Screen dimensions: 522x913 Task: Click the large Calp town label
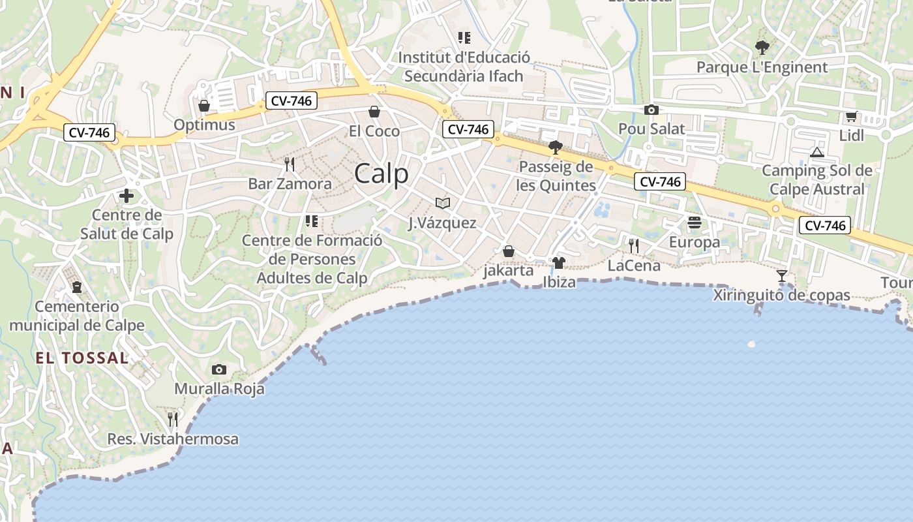[382, 174]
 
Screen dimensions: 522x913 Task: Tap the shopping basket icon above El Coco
[374, 112]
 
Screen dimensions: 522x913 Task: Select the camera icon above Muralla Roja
[219, 370]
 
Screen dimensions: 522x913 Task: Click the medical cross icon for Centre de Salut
[127, 195]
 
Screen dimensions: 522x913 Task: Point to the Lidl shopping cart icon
[851, 117]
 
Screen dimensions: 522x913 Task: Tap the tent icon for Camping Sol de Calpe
[816, 153]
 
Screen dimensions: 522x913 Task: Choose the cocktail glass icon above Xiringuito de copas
[782, 275]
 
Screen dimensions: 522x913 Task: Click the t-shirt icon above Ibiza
[559, 263]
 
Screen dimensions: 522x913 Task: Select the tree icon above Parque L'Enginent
[762, 48]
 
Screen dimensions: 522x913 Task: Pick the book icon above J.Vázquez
[443, 204]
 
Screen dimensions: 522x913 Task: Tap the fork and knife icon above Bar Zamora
[290, 164]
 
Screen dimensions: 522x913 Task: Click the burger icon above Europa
[695, 223]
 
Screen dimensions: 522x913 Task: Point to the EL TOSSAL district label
[82, 358]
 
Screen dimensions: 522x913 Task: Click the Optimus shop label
[204, 125]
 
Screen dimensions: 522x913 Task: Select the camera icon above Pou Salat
[651, 110]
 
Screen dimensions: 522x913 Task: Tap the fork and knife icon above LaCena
[633, 246]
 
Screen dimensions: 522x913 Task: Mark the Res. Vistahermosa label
[173, 439]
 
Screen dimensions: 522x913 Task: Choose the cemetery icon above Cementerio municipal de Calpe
[77, 286]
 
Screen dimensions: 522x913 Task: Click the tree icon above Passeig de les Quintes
[556, 147]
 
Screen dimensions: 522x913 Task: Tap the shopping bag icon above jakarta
[509, 251]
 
